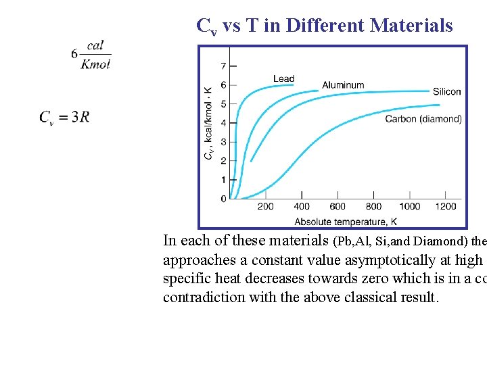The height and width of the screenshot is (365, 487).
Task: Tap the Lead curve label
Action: pos(283,78)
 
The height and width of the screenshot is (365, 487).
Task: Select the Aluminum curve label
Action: pos(343,85)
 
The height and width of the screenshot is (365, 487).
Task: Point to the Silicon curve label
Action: pos(446,92)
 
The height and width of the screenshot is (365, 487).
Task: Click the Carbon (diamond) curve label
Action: pos(423,119)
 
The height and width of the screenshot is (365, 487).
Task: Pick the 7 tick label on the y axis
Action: pos(223,66)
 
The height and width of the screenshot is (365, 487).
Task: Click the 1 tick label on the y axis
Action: pos(223,180)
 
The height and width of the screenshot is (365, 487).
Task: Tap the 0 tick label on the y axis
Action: pos(223,199)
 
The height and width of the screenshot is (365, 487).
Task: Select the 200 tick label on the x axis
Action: pos(266,206)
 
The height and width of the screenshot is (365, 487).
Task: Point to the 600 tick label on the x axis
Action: pos(338,206)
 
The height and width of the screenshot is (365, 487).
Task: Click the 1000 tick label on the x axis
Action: pos(410,206)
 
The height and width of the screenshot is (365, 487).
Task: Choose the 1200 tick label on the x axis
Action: pos(446,206)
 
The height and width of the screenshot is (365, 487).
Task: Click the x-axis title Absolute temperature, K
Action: pos(346,221)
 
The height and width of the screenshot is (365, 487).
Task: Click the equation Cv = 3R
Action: pos(64,117)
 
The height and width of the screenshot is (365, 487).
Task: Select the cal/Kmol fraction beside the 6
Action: pos(95,54)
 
